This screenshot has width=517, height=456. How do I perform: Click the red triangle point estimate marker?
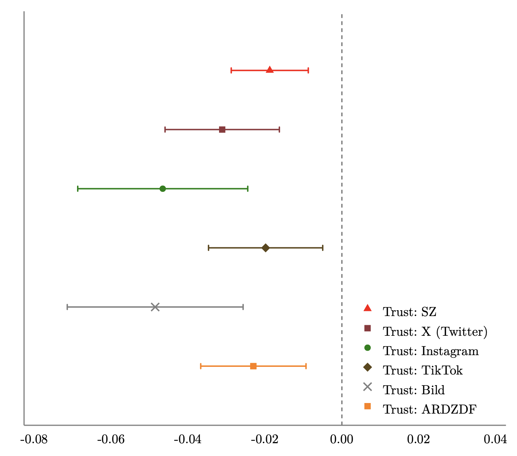[x=269, y=70]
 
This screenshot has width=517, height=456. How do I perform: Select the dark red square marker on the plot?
[x=222, y=129]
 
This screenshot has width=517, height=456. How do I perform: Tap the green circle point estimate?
[x=162, y=189]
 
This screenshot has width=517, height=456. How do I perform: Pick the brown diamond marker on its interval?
[x=265, y=248]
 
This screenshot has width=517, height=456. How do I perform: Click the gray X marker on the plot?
[x=155, y=307]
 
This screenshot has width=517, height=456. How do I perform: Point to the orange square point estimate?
[x=253, y=366]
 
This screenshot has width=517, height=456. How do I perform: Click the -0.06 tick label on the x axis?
[x=111, y=439]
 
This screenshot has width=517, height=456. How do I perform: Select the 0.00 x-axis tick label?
[x=341, y=439]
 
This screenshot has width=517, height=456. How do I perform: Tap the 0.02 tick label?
[x=418, y=439]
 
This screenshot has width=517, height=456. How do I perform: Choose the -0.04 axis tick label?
[x=188, y=439]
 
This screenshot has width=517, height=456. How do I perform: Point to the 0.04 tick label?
[x=495, y=439]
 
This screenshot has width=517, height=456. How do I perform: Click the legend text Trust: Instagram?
[x=430, y=351]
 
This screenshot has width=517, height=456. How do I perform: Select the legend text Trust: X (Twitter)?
[x=435, y=332]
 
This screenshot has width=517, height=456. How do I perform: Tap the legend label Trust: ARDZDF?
[x=429, y=410]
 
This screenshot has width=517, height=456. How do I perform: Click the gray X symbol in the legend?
[x=367, y=387]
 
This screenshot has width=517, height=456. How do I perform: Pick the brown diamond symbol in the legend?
[x=367, y=367]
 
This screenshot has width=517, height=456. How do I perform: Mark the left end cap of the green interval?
[x=78, y=189]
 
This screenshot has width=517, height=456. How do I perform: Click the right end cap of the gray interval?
[x=243, y=307]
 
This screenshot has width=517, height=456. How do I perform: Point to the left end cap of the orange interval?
[x=201, y=366]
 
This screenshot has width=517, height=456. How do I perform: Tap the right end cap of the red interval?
[x=308, y=70]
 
